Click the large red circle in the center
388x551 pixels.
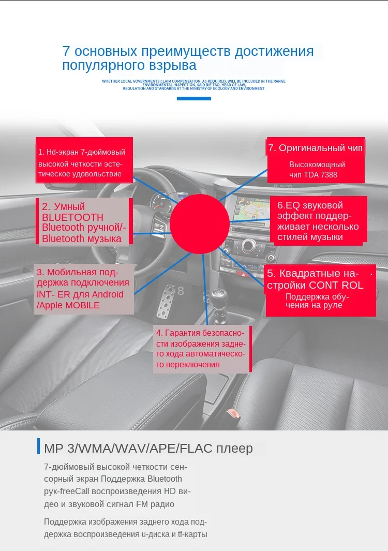coord(199,224)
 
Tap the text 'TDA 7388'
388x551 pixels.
coord(321,175)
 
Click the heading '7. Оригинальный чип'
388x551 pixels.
coord(315,148)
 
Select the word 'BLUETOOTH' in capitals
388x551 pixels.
coord(72,217)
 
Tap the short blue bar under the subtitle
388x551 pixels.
coord(194,98)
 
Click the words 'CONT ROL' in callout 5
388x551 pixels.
coord(336,285)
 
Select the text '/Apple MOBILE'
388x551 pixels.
coord(68,305)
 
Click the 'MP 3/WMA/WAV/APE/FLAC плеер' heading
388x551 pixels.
coord(148,448)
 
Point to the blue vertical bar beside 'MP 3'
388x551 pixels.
coord(38,446)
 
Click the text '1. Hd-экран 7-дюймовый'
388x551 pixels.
coord(82,152)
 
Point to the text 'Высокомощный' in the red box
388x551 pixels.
coord(317,164)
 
